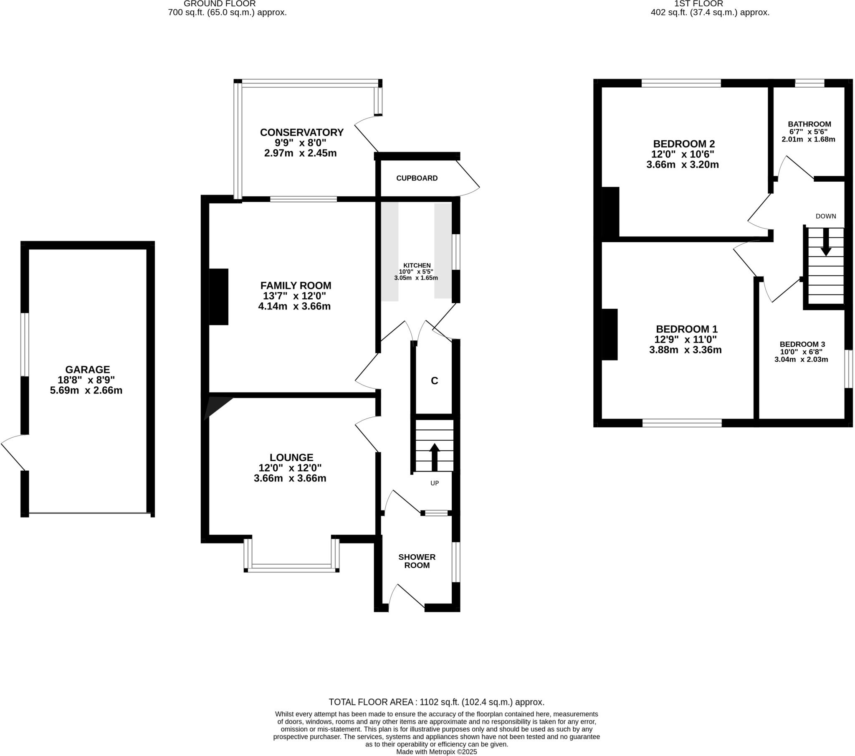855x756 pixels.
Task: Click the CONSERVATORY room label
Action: click(x=301, y=132)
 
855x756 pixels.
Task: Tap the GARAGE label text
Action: click(x=87, y=369)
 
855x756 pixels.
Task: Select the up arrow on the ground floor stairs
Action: click(x=435, y=457)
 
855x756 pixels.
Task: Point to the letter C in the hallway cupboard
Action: click(x=435, y=381)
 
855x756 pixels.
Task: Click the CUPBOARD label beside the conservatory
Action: click(x=417, y=178)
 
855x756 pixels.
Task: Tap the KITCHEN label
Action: click(x=417, y=265)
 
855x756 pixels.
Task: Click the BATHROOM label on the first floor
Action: click(x=809, y=124)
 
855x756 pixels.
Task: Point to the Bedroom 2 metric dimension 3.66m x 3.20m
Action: click(x=682, y=165)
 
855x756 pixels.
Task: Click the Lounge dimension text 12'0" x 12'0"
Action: click(x=290, y=467)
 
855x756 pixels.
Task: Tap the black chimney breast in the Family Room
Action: click(x=218, y=297)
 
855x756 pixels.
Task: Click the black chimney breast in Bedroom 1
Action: click(x=610, y=334)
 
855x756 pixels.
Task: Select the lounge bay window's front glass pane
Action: click(x=291, y=566)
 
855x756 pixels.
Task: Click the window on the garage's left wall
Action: click(x=25, y=344)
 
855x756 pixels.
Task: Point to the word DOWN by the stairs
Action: click(x=825, y=216)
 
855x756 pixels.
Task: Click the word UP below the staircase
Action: click(x=435, y=483)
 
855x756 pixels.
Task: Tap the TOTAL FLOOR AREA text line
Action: click(x=436, y=702)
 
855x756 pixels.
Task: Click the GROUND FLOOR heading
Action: click(x=220, y=4)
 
